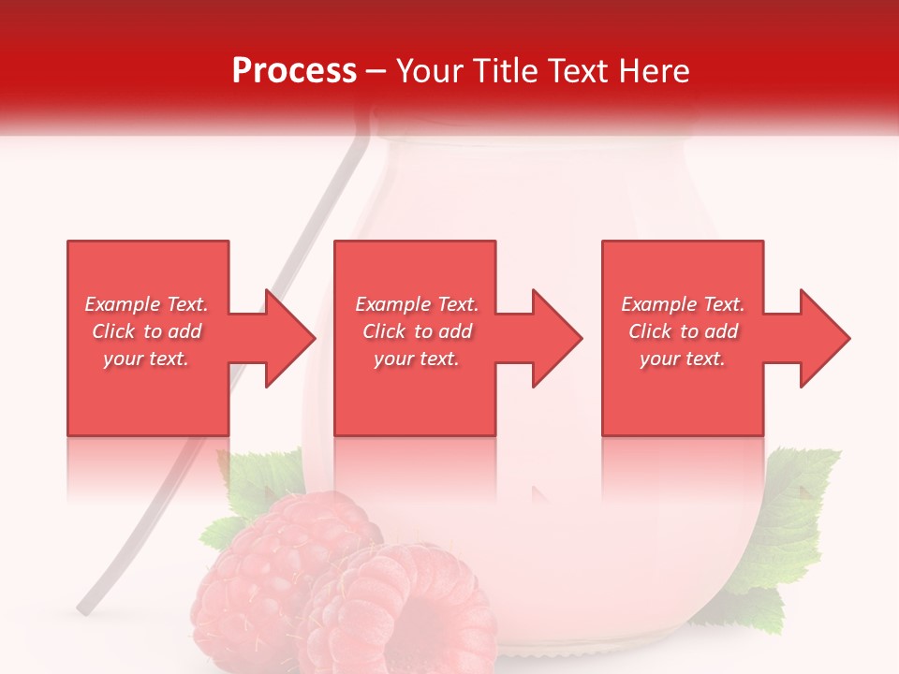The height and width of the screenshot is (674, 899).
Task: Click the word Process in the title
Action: click(294, 71)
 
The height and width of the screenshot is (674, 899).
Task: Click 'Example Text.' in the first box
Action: click(146, 304)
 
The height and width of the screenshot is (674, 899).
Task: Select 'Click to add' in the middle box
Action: click(417, 331)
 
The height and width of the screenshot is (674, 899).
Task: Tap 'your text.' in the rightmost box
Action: click(683, 359)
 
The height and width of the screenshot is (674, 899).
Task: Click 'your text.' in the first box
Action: click(146, 359)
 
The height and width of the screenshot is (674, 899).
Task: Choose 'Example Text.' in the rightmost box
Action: click(683, 304)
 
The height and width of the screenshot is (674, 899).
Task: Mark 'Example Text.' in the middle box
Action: click(417, 304)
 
